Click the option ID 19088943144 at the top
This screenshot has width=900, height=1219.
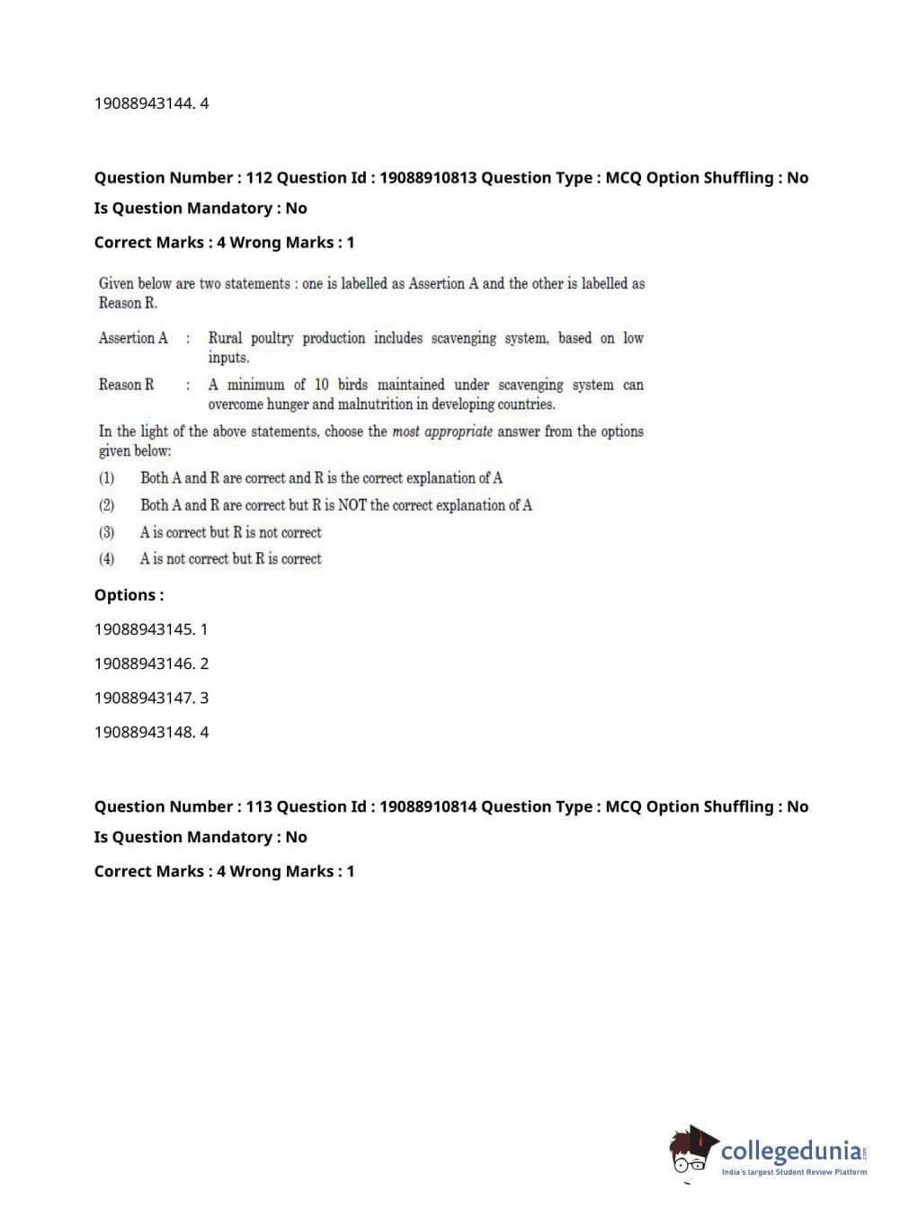point(144,103)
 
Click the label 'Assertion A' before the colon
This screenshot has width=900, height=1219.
point(133,338)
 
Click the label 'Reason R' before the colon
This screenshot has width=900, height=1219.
point(126,385)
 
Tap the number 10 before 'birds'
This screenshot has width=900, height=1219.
point(321,385)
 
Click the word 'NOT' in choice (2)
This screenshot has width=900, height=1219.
point(352,505)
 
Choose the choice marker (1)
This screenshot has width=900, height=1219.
point(107,478)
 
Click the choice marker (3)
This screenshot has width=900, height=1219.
point(107,532)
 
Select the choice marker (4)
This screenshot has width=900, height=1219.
point(107,559)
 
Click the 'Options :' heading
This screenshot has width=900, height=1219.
point(129,595)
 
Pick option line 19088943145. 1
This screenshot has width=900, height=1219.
point(151,629)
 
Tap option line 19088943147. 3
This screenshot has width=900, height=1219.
point(151,698)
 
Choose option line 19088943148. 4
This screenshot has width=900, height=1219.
point(151,732)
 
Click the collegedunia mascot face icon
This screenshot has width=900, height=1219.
point(691,1152)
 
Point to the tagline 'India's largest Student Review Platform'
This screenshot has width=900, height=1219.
point(794,1172)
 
